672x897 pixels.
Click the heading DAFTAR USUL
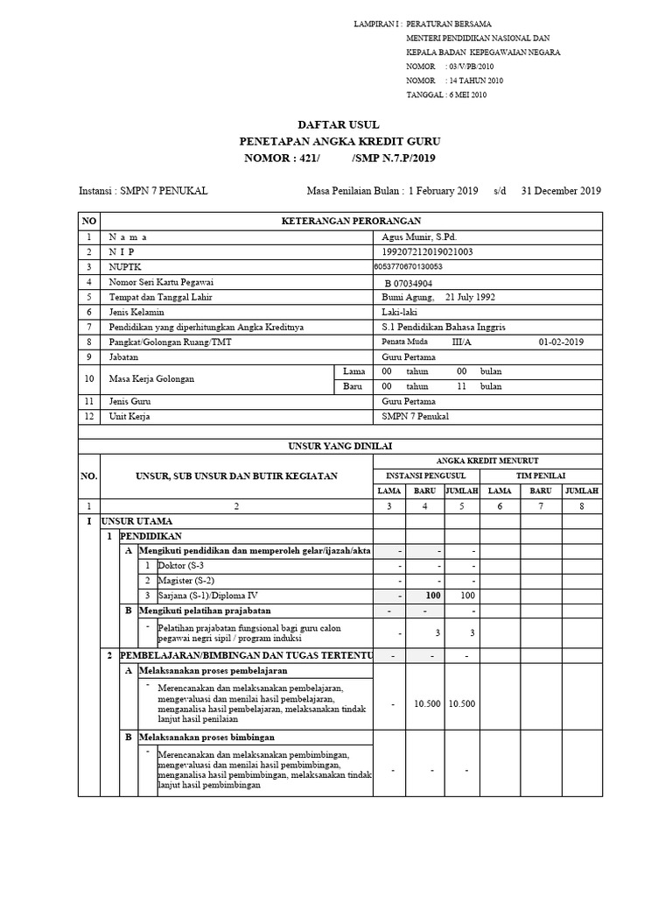[340, 124]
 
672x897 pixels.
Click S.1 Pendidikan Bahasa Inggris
[444, 327]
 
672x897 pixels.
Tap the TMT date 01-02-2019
[562, 342]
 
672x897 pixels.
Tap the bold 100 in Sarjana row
[425, 595]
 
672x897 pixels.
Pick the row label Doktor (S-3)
[182, 565]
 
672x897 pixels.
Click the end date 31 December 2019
[561, 190]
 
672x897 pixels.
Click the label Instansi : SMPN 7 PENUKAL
[143, 190]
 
